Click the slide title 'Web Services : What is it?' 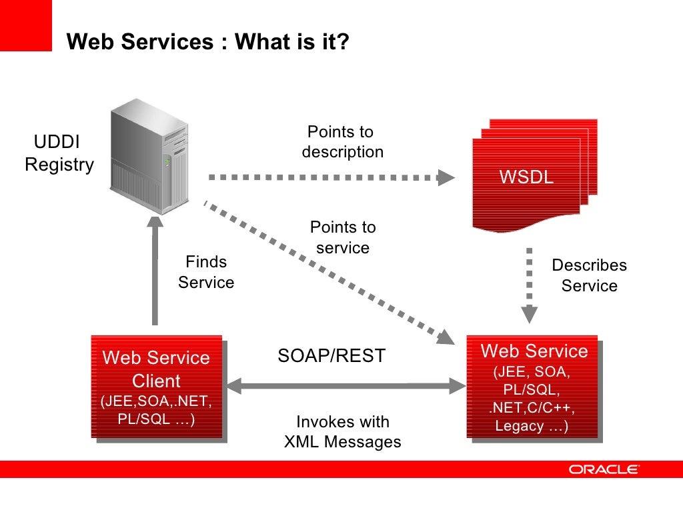point(207,42)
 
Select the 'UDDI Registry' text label point(59,153)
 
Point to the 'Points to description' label point(342,142)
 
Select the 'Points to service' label point(342,237)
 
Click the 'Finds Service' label point(206,272)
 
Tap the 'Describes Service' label point(589,275)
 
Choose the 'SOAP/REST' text point(331,356)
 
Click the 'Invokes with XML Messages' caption point(342,431)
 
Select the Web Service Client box point(156,387)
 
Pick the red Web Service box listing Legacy point(532,387)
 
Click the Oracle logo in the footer point(604,469)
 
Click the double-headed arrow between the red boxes point(346,385)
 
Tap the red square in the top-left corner point(25,25)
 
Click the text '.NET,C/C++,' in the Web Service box point(532,407)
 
